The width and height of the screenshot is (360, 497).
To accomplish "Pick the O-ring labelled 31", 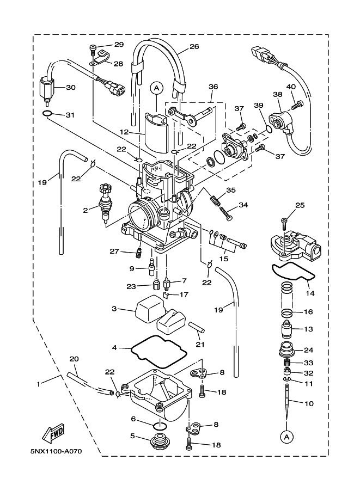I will pos(47,114).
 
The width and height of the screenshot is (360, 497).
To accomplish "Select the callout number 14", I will pos(310,293).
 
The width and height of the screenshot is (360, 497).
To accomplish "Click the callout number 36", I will pos(213,86).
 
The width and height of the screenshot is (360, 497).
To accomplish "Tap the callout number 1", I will pos(39,384).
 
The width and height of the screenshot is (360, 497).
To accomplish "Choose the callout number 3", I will pos(114,309).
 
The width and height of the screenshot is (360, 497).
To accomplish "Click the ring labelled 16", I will pos(289,313).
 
